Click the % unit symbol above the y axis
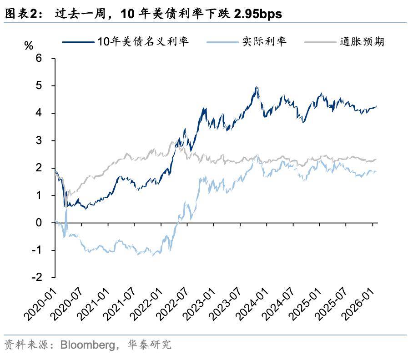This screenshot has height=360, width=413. (x=29, y=45)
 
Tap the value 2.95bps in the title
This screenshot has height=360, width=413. (x=257, y=14)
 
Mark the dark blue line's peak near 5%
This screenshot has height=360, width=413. (x=257, y=87)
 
